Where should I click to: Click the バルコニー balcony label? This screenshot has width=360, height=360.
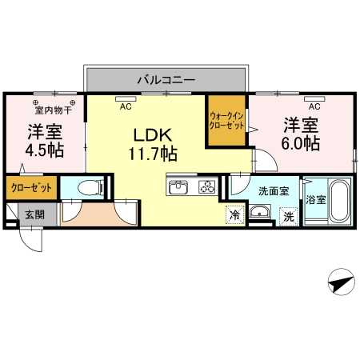pyautogui.click(x=166, y=80)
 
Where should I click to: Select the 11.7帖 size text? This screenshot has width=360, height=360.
pyautogui.click(x=152, y=152)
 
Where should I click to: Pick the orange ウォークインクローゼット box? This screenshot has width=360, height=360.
pyautogui.click(x=226, y=120)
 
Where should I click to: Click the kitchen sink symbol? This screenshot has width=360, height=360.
pyautogui.click(x=178, y=188)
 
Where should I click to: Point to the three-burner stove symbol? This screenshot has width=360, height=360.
pyautogui.click(x=206, y=188)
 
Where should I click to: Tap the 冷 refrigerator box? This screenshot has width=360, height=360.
pyautogui.click(x=234, y=214)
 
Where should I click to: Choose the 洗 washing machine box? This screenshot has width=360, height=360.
pyautogui.click(x=287, y=215)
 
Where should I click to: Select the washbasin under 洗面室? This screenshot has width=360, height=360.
pyautogui.click(x=260, y=214)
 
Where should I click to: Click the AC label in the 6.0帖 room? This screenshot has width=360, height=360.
pyautogui.click(x=314, y=106)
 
